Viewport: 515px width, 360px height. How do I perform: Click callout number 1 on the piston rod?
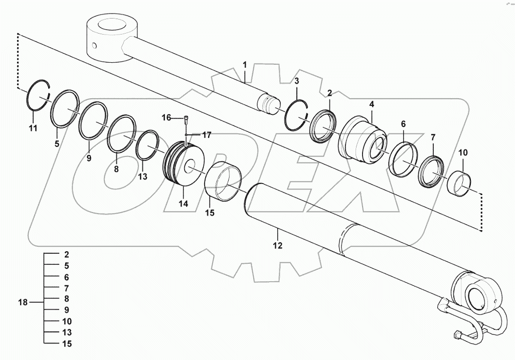pyautogui.click(x=245, y=65)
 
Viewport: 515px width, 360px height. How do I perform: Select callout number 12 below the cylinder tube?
pyautogui.click(x=277, y=246)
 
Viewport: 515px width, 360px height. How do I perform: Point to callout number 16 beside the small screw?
pyautogui.click(x=166, y=117)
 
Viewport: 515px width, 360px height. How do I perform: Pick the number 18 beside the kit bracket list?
pyautogui.click(x=23, y=302)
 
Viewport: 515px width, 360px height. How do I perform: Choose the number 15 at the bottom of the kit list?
pyautogui.click(x=67, y=344)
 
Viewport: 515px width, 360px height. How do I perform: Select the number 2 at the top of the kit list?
pyautogui.click(x=66, y=254)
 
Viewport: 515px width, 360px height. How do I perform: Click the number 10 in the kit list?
pyautogui.click(x=67, y=321)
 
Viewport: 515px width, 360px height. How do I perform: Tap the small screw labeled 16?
pyautogui.click(x=186, y=119)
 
